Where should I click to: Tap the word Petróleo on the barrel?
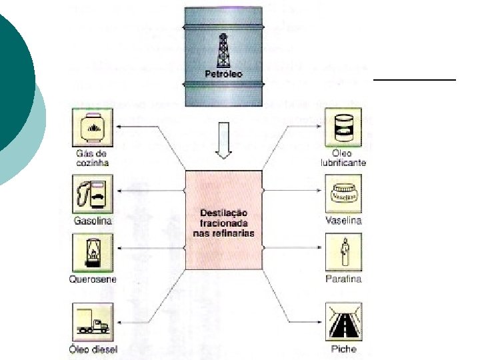pos(223,74)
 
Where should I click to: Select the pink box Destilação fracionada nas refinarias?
pos(223,220)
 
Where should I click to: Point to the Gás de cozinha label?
pos(93,158)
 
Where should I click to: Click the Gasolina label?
pos(93,221)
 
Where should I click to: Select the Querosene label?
pos(93,279)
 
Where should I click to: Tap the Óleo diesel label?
pos(93,349)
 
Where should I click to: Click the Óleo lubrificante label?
pos(343,158)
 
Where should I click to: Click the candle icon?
pos(343,252)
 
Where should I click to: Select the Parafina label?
pos(343,279)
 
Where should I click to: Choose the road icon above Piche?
pos(343,320)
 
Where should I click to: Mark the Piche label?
pos(343,349)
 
